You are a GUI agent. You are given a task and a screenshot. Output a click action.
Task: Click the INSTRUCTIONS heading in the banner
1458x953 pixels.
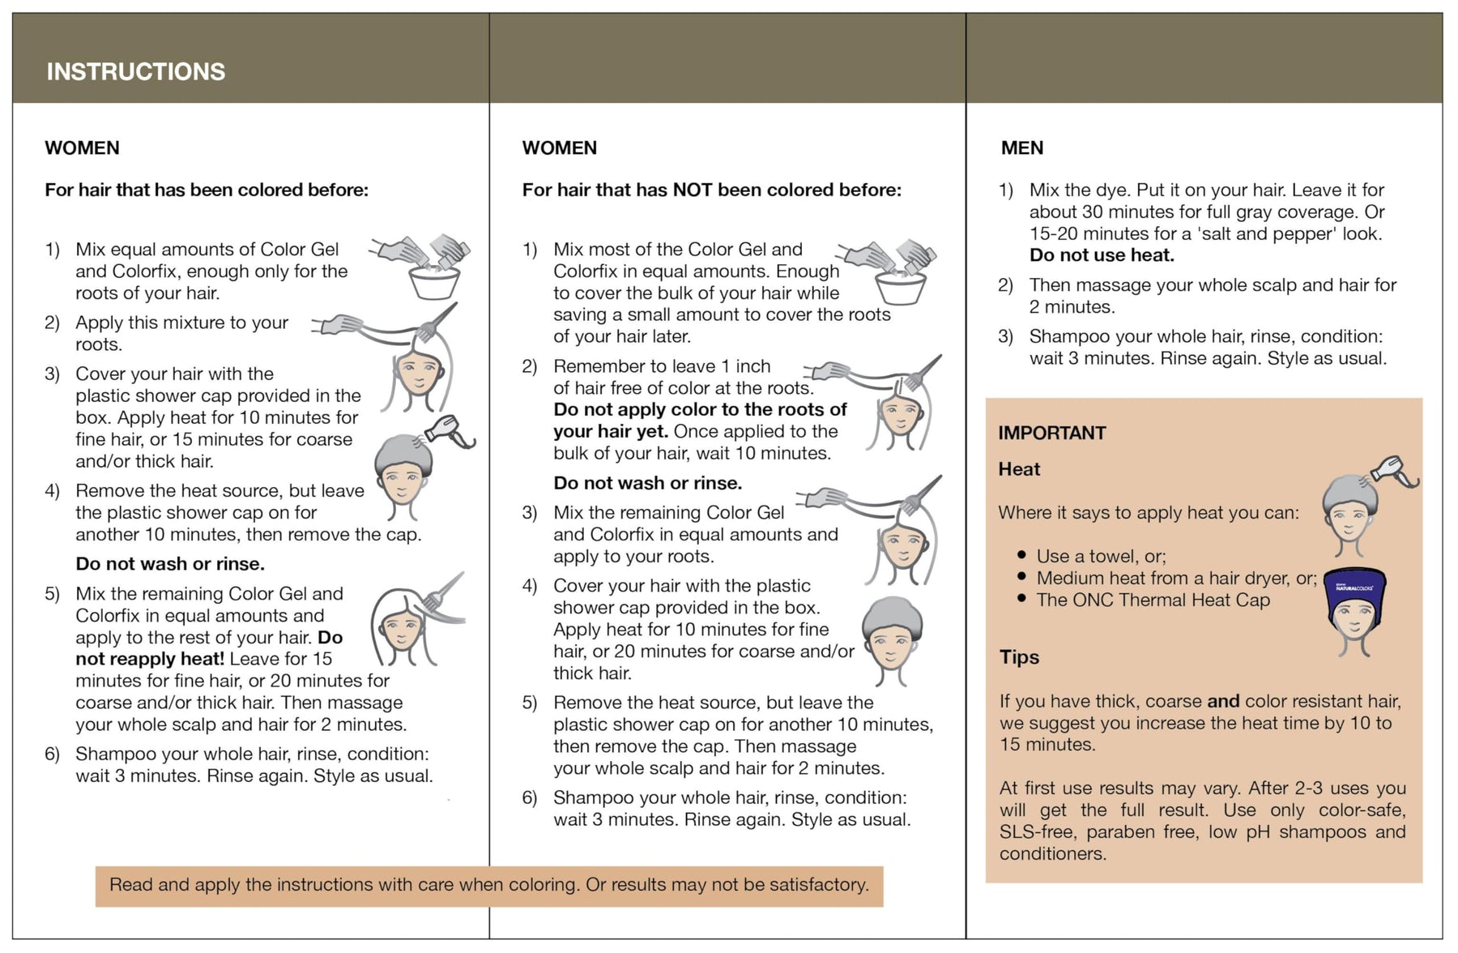tap(135, 71)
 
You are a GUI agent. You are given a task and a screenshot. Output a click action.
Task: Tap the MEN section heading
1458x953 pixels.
tap(1021, 147)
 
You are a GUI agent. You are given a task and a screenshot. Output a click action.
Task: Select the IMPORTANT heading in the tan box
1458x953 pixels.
tap(1051, 433)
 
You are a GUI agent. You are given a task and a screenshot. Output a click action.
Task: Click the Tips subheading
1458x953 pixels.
tap(1018, 656)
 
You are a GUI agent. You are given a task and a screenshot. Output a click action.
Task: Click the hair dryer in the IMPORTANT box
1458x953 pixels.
tap(1395, 472)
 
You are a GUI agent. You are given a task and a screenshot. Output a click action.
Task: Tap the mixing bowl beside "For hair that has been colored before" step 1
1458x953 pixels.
tap(435, 281)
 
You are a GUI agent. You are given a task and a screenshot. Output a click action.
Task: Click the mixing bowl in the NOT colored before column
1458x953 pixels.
tap(900, 287)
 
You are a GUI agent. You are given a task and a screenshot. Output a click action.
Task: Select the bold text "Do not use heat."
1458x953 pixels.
tap(1101, 255)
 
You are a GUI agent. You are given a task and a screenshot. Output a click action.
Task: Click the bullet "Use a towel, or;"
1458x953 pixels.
tap(1100, 556)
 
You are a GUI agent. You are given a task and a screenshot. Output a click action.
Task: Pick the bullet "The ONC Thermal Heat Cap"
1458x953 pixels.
tap(1152, 600)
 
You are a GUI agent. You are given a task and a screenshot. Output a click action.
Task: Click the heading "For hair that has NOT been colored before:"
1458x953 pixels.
tap(711, 190)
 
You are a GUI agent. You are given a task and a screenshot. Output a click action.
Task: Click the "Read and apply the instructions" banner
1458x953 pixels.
tap(488, 884)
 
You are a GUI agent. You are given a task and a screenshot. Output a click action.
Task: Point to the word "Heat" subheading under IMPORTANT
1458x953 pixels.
tap(1018, 469)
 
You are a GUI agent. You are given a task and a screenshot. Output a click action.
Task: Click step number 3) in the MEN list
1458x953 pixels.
tap(1005, 336)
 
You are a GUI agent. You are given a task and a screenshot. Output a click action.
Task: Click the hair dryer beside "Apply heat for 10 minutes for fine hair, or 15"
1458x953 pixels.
tap(450, 432)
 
